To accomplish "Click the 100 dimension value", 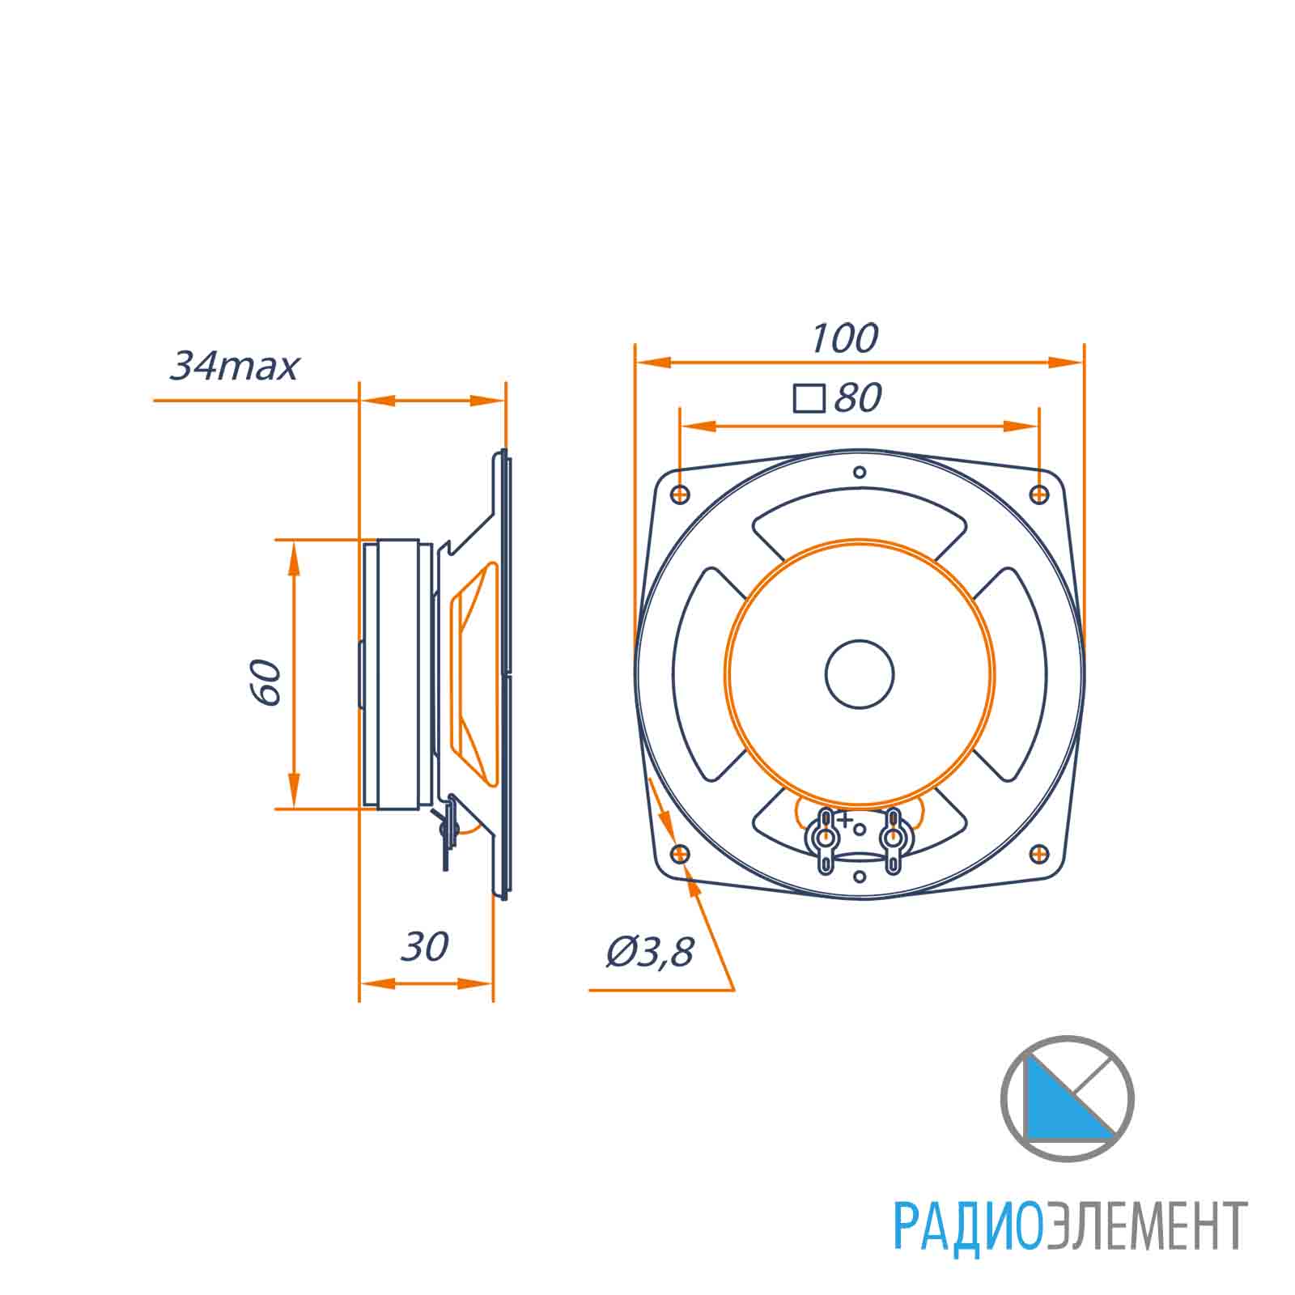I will click(844, 338).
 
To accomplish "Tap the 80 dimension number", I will click(857, 398).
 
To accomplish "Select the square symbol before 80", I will click(809, 398).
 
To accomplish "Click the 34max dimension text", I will click(234, 366).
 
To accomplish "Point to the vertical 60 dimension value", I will click(268, 682).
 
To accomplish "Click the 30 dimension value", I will click(425, 946).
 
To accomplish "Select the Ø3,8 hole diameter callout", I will click(650, 953).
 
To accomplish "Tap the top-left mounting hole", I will click(681, 494).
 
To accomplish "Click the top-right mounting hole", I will click(1039, 494).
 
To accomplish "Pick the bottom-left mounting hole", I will click(681, 853).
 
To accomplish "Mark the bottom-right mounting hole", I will click(1039, 853).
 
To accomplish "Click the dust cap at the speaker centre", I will click(860, 673).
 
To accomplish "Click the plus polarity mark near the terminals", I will click(845, 821).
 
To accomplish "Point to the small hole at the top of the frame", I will click(860, 472).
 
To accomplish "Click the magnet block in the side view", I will click(397, 673).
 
